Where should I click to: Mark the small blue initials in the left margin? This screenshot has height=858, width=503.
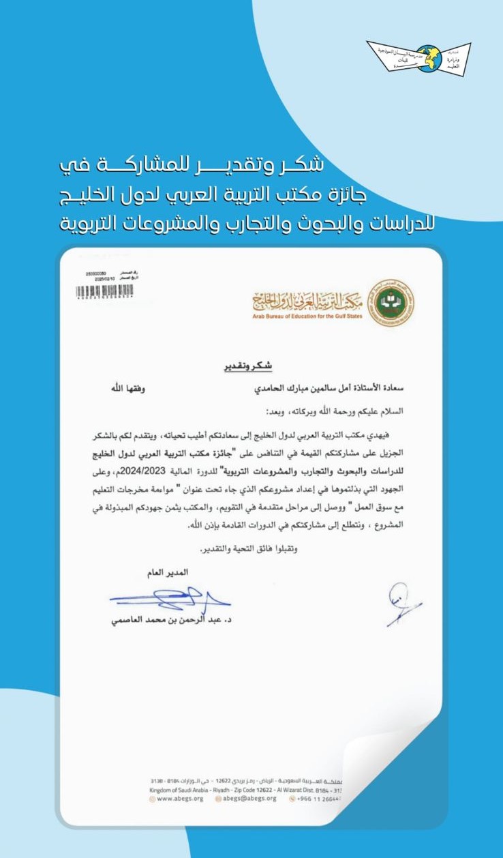click(402, 606)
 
